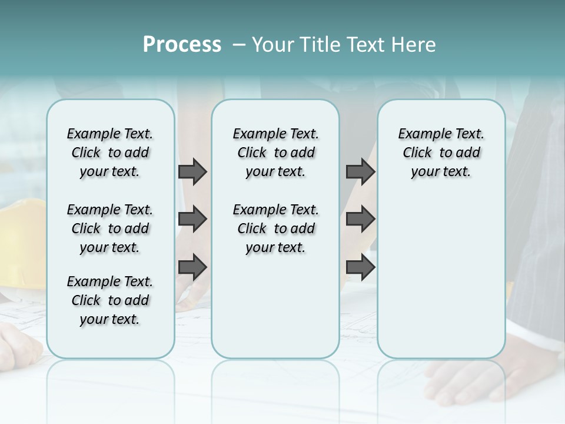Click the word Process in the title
point(182,45)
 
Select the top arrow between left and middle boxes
point(192,171)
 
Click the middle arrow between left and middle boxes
point(192,220)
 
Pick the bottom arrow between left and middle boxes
point(192,267)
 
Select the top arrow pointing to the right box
point(360,171)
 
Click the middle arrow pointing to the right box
point(360,220)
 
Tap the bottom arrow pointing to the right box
point(360,267)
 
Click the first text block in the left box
point(110,153)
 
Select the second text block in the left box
point(110,228)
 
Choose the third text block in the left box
point(110,300)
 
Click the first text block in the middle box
point(275,153)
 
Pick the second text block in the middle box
point(275,228)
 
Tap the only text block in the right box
point(441,153)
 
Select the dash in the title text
point(239,45)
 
